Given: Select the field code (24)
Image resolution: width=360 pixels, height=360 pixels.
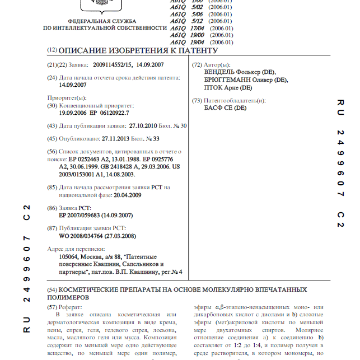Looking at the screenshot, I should [52, 77].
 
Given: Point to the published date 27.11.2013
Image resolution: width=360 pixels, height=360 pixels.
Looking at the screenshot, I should [118, 138].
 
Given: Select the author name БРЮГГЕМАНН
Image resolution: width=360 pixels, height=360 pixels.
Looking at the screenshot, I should [225, 80].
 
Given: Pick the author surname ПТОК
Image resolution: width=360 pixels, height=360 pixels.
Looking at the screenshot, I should [212, 88].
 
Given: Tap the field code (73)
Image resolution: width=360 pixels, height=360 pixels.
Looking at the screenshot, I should [197, 100].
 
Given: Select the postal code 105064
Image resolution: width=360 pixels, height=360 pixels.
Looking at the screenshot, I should [71, 256].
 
